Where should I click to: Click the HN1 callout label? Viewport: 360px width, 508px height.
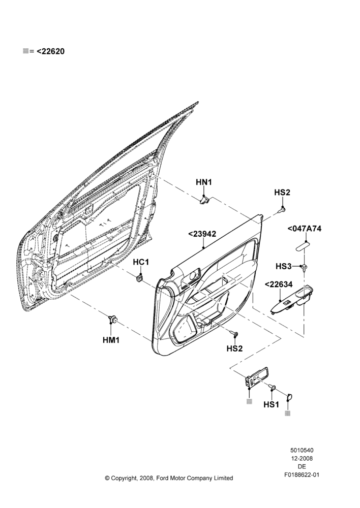pos(204,182)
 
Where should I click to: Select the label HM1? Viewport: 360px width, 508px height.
pos(111,340)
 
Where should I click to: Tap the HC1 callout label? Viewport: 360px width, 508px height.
pos(141,262)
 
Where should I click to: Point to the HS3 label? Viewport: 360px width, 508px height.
pos(283,266)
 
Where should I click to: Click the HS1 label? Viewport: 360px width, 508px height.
pos(271,404)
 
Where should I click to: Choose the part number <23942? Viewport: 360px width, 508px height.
pos(202,234)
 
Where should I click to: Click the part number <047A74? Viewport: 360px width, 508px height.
pos(304,229)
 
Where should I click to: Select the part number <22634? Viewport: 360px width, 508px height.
pos(279,284)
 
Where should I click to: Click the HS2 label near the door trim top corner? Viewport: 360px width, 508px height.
pos(282,192)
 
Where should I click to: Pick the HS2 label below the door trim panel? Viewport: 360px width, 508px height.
pos(234,348)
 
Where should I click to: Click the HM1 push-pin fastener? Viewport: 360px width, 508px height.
pos(112,319)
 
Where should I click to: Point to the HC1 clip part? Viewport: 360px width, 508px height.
pos(140,277)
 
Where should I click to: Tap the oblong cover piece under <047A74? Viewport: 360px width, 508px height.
pos(302,245)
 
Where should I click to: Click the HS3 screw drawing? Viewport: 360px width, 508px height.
pos(305,267)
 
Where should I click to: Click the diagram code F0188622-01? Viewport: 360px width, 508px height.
pos(302,474)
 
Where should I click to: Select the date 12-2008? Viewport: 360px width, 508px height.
pos(302,458)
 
